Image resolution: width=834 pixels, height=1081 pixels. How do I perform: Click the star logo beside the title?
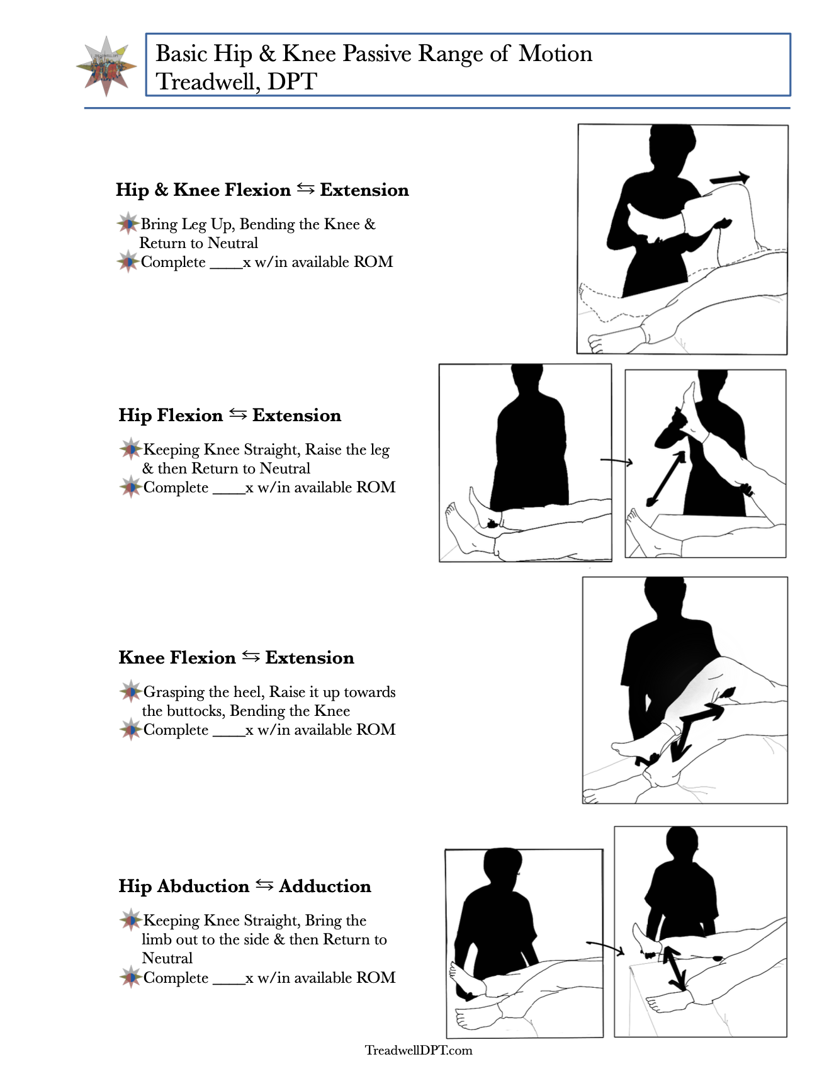(106, 67)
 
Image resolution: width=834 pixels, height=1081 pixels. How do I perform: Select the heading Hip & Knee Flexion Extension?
(262, 190)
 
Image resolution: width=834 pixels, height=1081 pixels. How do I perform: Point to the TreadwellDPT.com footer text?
(419, 1050)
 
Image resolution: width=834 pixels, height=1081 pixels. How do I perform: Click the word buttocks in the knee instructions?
(199, 711)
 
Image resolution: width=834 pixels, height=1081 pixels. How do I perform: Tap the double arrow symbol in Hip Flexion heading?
(238, 414)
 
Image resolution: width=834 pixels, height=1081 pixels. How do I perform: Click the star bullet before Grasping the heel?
(131, 692)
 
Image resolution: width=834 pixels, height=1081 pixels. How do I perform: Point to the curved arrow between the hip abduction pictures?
(605, 946)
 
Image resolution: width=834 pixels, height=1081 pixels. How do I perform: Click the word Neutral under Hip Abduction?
(167, 958)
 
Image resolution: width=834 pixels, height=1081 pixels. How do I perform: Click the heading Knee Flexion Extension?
(236, 658)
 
